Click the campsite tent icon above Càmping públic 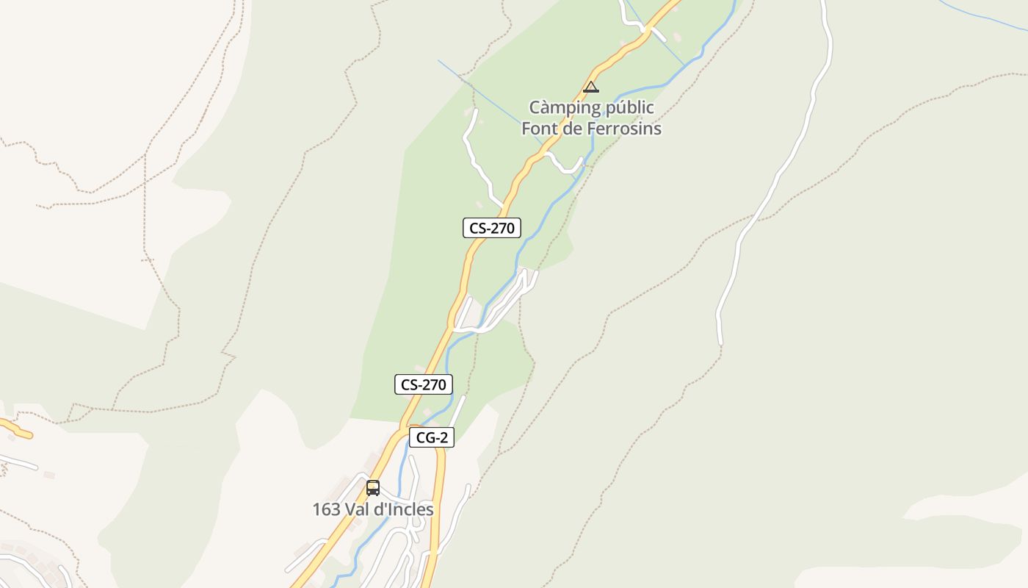[591, 87]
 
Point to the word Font [540, 129]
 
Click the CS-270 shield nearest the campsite [492, 228]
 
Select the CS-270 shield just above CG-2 [423, 384]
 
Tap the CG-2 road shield [432, 438]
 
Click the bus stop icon [373, 487]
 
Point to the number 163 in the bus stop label [325, 509]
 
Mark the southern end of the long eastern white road [720, 343]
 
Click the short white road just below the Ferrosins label [566, 168]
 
